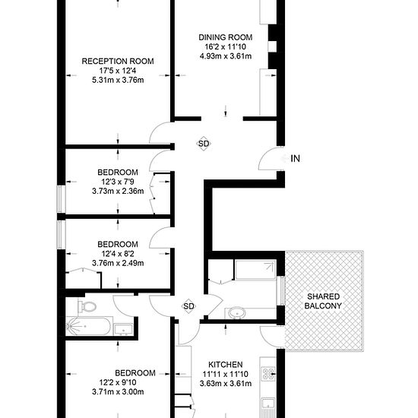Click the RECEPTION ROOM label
[x=118, y=62]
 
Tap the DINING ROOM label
[x=225, y=37]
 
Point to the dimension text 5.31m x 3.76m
[x=118, y=83]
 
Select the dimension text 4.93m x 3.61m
[x=225, y=57]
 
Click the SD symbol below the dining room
[x=204, y=143]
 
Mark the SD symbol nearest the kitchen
[x=189, y=306]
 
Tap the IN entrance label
[x=296, y=158]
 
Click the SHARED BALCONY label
[x=324, y=300]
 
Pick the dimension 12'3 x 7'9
[x=118, y=182]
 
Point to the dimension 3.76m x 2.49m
[x=118, y=263]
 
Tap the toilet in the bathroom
[x=87, y=307]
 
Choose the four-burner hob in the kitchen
[x=269, y=373]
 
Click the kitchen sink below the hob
[x=269, y=404]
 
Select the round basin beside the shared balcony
[x=236, y=311]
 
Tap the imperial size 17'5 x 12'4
[x=118, y=72]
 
